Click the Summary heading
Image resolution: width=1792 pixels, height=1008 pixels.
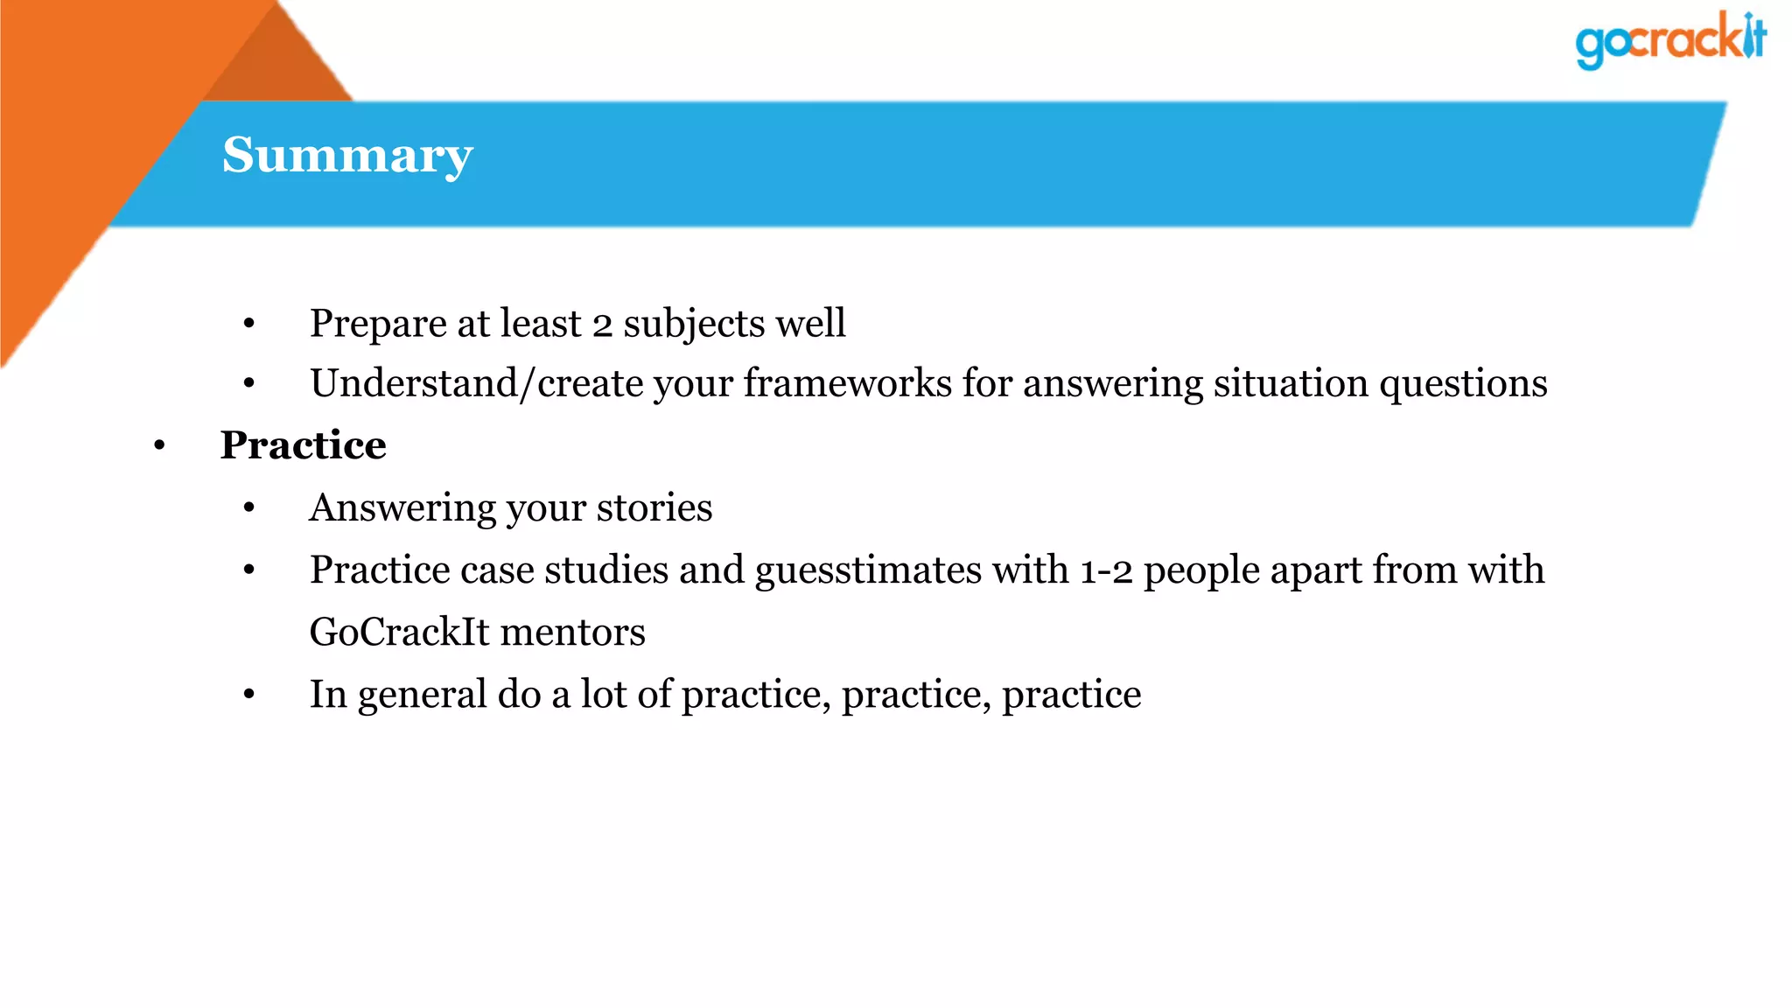click(347, 156)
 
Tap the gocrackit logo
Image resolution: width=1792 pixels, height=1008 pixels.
click(1669, 40)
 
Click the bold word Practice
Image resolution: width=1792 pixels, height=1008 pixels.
click(303, 445)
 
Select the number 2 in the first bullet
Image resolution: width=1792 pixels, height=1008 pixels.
click(601, 325)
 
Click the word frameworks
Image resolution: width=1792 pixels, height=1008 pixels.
click(847, 383)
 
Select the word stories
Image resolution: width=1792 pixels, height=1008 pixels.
click(654, 508)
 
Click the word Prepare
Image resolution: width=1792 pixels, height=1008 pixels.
click(378, 325)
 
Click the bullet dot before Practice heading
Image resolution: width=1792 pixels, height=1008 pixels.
click(159, 446)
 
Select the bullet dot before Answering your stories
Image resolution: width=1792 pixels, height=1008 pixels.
click(249, 508)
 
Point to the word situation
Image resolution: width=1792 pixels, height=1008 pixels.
click(1291, 383)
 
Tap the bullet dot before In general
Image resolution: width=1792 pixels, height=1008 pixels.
click(249, 695)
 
